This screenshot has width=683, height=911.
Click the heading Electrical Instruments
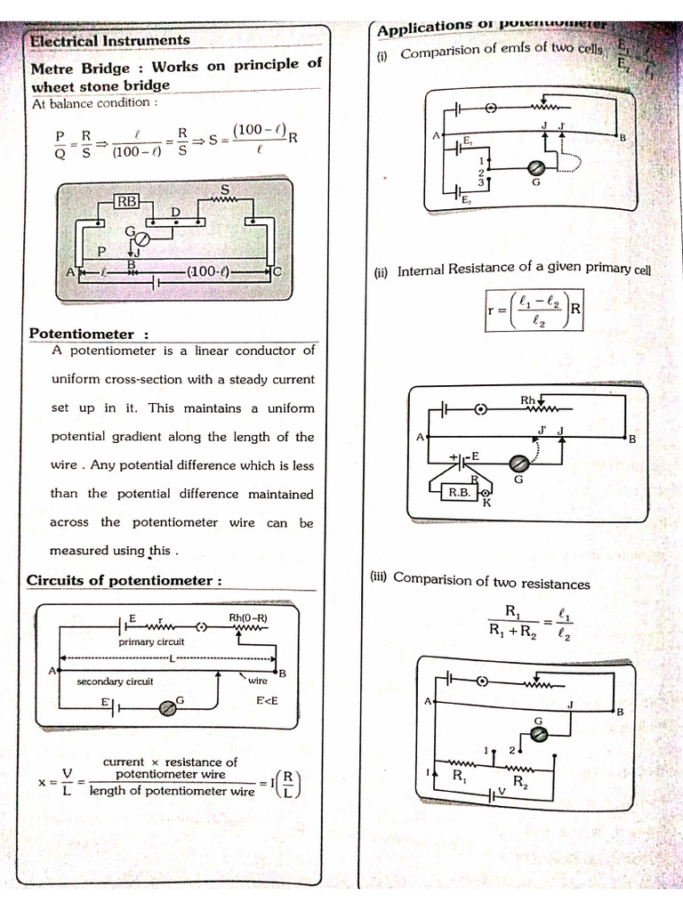109,40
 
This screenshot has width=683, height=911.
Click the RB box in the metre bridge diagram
127,201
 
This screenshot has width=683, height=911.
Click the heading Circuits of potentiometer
124,581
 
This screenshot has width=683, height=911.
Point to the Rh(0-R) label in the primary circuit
248,617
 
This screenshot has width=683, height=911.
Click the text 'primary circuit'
151,641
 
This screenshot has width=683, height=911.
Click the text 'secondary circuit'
116,681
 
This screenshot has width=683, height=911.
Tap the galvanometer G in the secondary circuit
165,706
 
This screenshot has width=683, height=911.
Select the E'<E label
267,700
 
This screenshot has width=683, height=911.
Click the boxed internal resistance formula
534,310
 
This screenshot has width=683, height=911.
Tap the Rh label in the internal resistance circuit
528,399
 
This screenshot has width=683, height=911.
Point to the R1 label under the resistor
460,776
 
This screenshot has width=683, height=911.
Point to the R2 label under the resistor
521,782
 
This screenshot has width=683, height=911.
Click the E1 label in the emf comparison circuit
468,141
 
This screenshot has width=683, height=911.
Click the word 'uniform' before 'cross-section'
79,379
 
